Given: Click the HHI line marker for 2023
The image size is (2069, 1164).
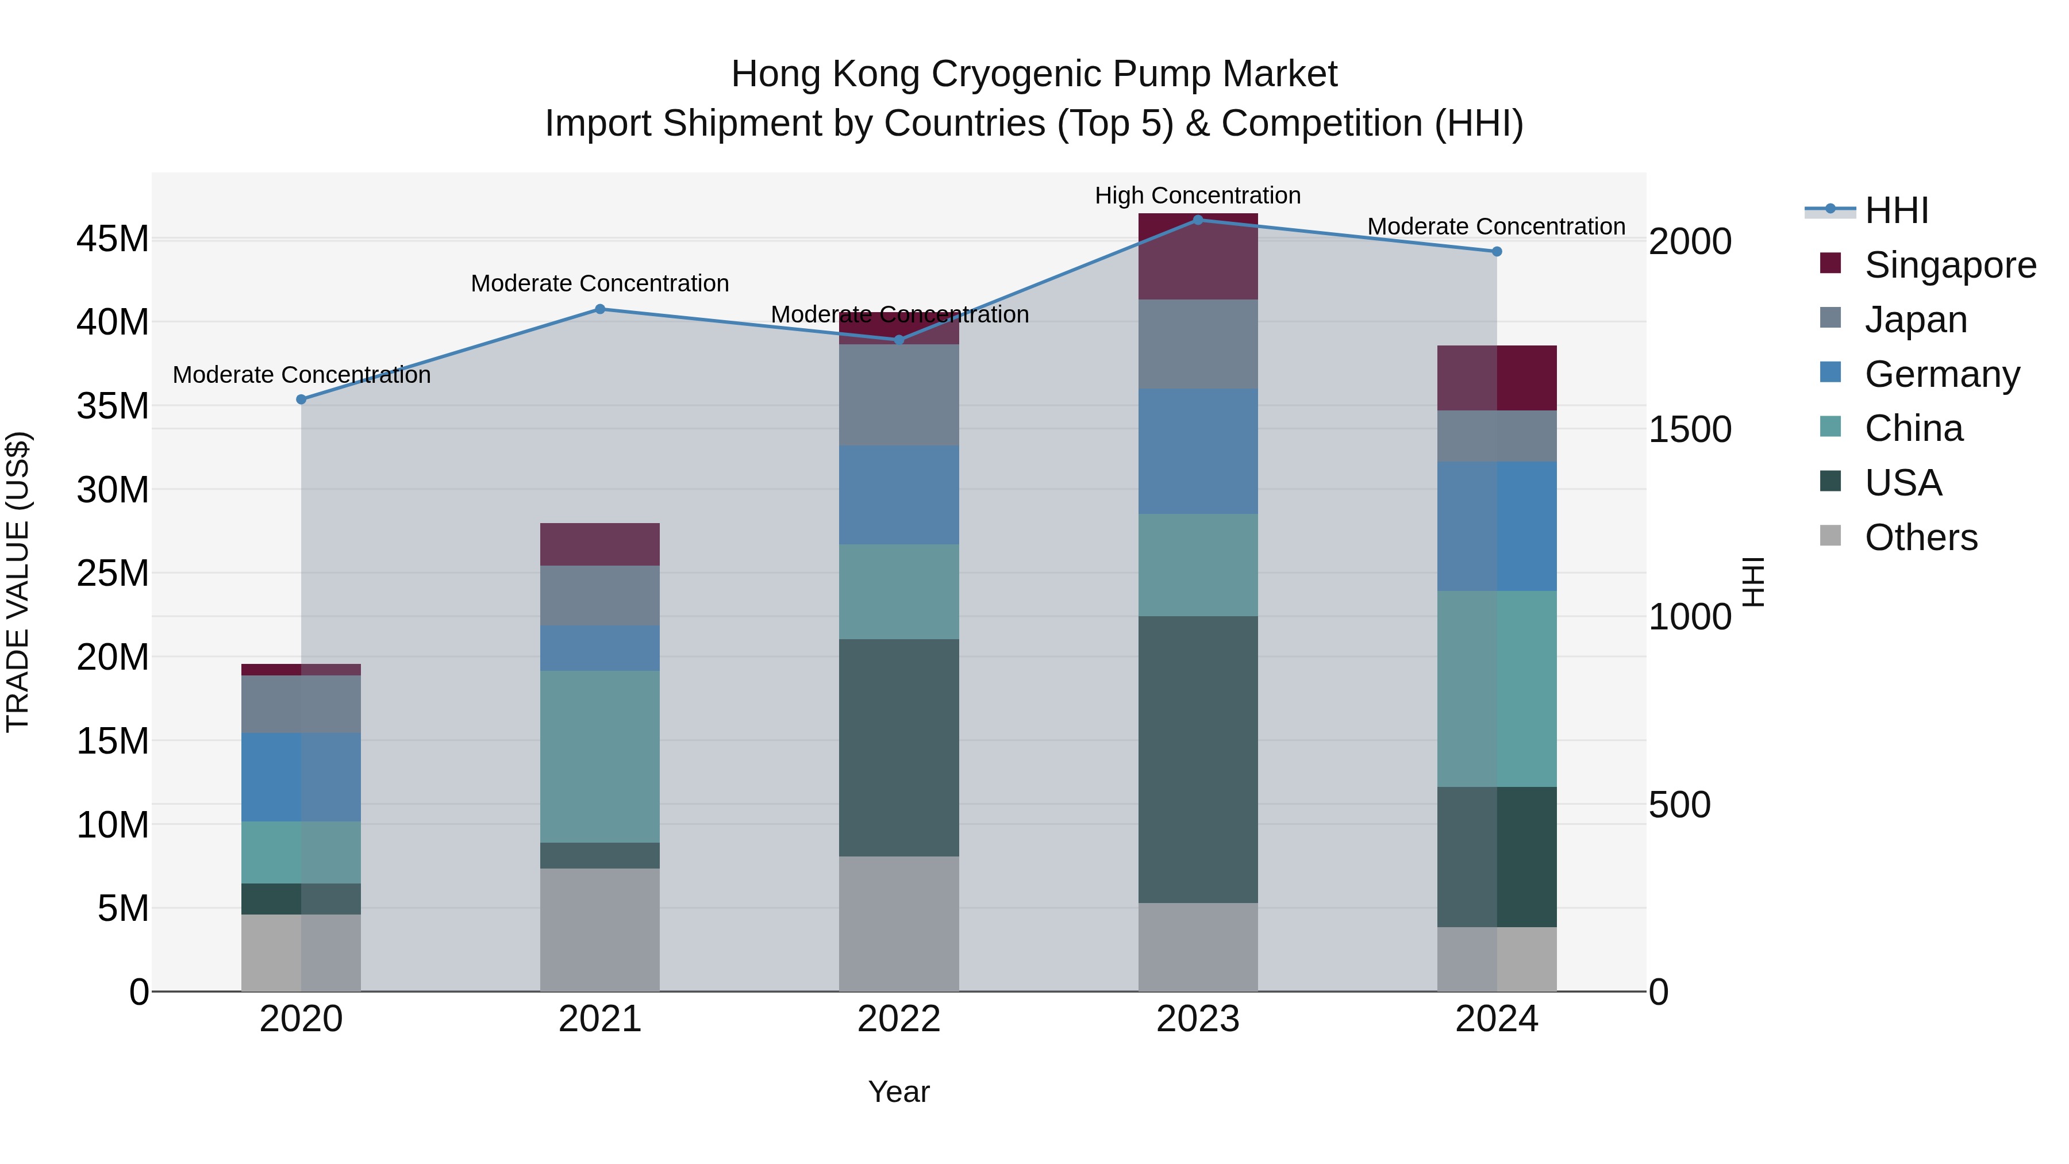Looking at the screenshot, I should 1198,220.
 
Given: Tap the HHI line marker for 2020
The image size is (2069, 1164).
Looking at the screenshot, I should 301,399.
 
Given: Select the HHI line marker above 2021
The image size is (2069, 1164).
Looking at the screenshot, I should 600,309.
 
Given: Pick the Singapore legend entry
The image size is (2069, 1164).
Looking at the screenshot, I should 1949,265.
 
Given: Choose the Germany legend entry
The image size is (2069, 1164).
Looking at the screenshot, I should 1941,374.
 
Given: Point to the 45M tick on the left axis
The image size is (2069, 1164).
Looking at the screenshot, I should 113,239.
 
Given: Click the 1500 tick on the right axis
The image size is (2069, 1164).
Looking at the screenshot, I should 1690,430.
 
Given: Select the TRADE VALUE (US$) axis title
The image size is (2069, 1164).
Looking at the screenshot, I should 18,582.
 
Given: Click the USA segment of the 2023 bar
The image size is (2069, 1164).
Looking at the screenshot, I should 1198,759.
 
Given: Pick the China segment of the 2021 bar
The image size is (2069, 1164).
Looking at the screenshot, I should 600,756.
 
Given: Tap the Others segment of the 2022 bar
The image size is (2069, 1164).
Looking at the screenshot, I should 899,924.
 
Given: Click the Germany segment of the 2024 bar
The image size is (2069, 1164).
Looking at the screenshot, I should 1497,526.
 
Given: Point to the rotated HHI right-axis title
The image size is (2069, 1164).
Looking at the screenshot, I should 1753,582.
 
